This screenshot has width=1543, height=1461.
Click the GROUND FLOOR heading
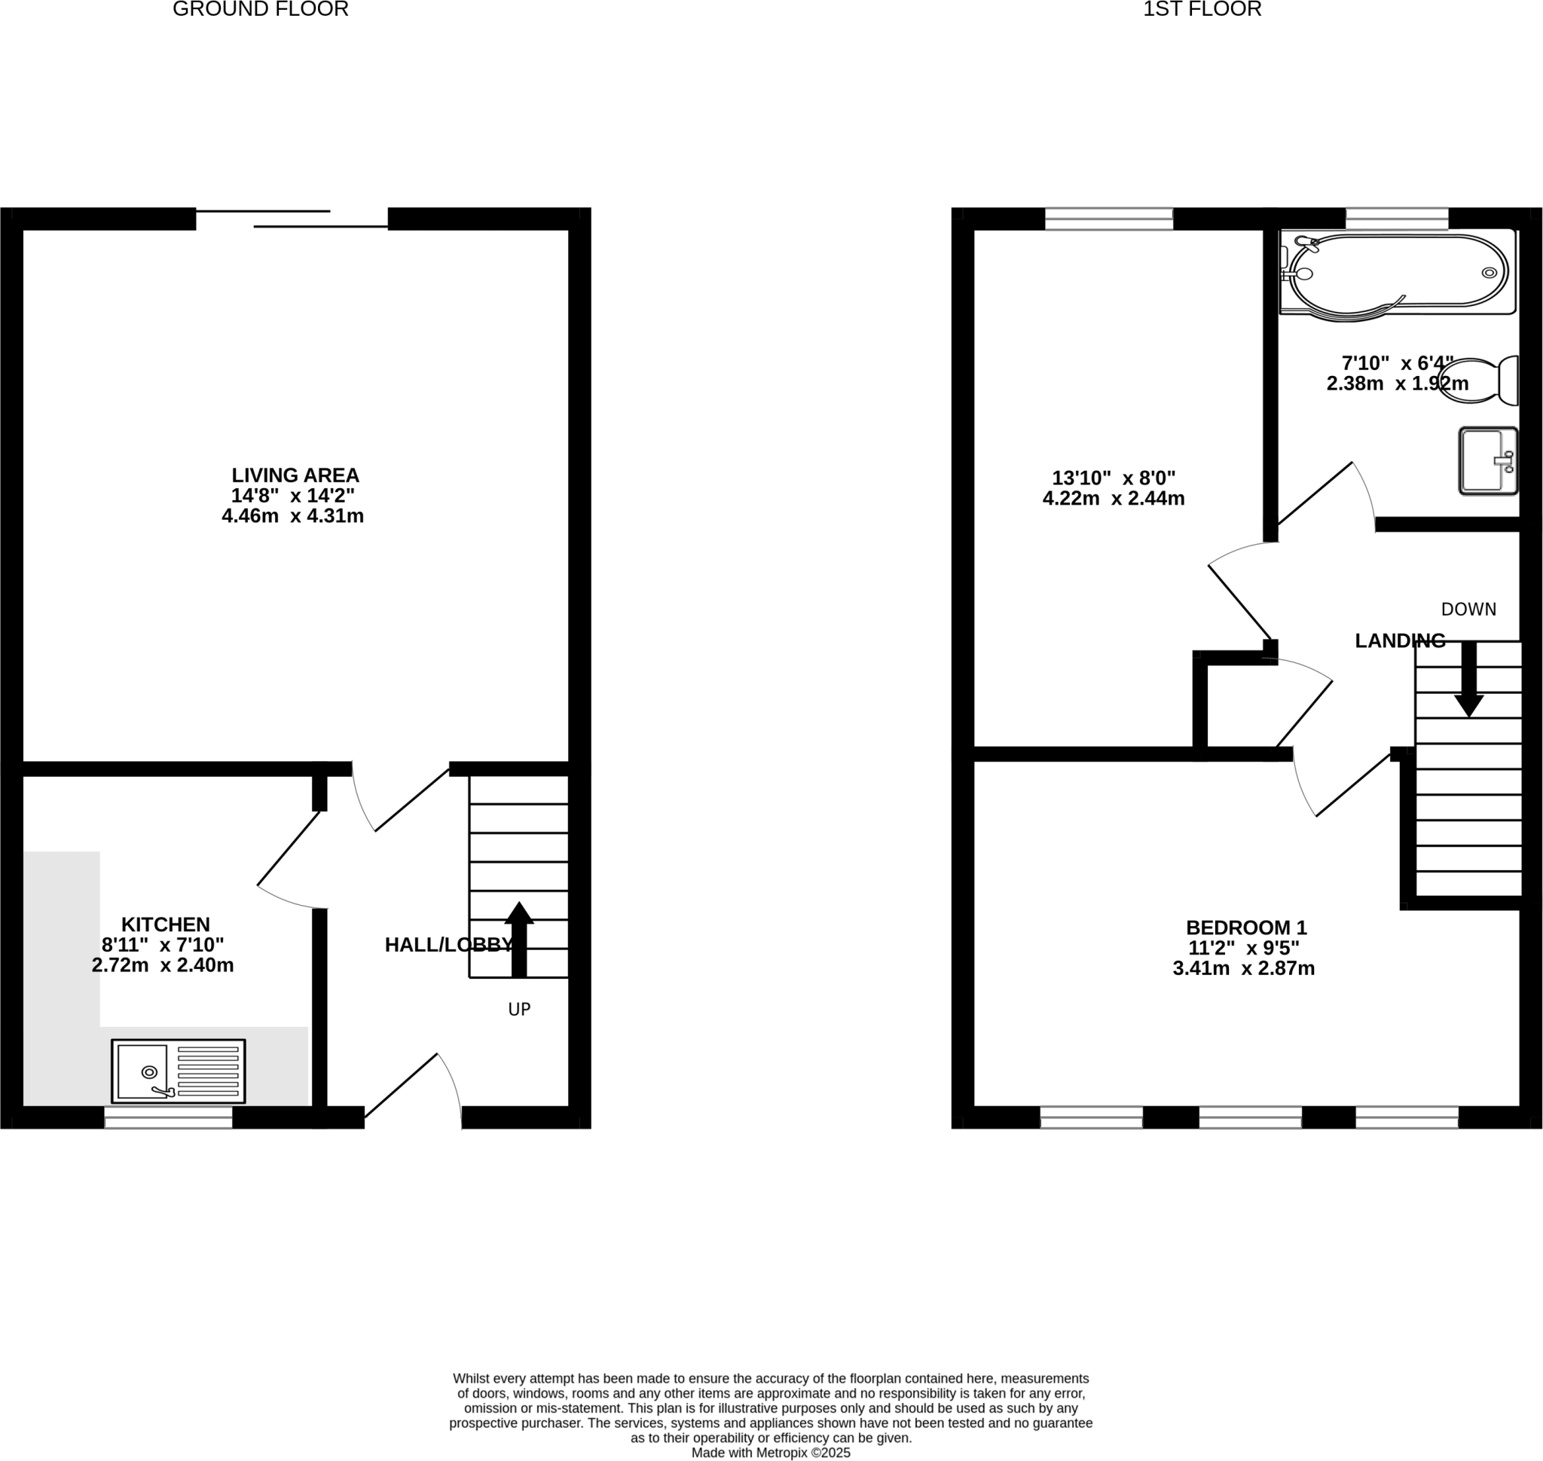(x=260, y=9)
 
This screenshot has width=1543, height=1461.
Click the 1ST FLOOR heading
(x=1201, y=9)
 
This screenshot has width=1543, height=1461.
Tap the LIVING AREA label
(x=295, y=475)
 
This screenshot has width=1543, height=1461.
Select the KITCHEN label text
(x=165, y=925)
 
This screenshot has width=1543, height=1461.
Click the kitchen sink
(x=179, y=1071)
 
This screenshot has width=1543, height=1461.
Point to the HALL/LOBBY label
(x=448, y=945)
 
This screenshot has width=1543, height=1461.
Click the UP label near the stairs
(x=519, y=1010)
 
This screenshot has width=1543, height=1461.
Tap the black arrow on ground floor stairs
(x=519, y=938)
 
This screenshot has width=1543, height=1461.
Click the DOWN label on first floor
(x=1468, y=609)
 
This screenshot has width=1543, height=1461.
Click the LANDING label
(x=1400, y=640)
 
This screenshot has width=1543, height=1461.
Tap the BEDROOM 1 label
(x=1246, y=928)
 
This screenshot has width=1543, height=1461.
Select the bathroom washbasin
(x=1487, y=461)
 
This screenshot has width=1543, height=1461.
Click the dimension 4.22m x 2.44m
(x=1113, y=498)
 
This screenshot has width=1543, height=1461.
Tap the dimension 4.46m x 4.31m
(x=292, y=515)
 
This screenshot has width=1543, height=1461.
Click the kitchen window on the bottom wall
(x=168, y=1117)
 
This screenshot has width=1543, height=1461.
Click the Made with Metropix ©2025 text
(x=770, y=1453)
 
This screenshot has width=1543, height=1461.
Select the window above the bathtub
(x=1397, y=218)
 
